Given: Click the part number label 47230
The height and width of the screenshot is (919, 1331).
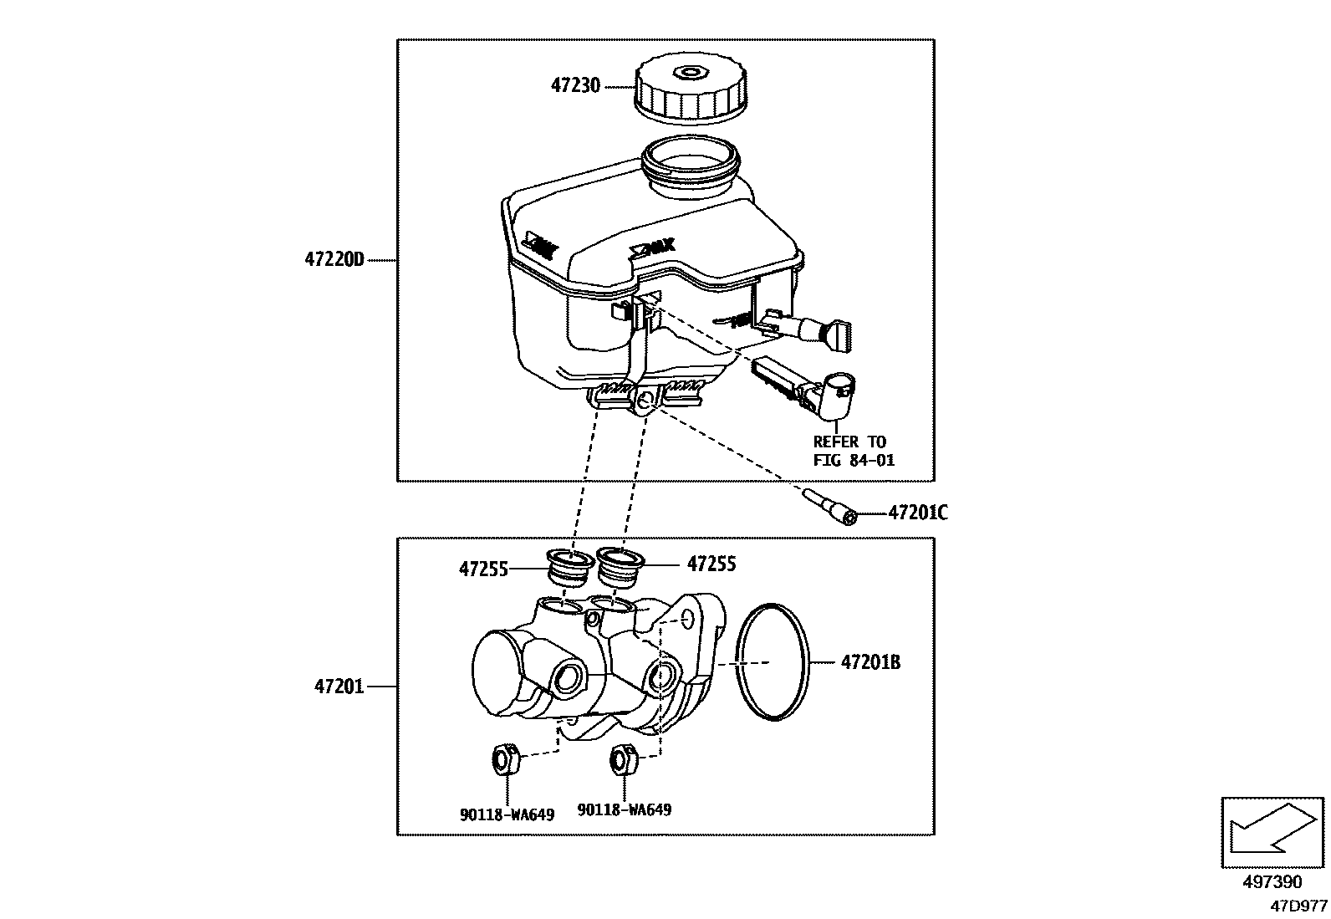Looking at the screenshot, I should point(575,86).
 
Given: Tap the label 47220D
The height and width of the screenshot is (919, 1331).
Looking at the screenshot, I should point(334,260).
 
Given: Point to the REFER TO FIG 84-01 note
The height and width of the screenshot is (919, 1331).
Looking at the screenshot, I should point(853,451).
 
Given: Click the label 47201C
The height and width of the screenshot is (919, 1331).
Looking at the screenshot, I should point(917,513).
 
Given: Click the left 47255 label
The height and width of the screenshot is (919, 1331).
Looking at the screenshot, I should point(483,569).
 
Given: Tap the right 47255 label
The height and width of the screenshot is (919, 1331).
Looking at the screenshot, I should point(711,564).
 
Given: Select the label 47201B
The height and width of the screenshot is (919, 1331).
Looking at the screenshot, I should point(870,663).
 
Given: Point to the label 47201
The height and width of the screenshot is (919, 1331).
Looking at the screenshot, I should point(339,687).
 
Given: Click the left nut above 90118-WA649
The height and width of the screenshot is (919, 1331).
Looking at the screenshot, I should point(503,758).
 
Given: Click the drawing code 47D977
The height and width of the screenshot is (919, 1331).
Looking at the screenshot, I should point(1298,906).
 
